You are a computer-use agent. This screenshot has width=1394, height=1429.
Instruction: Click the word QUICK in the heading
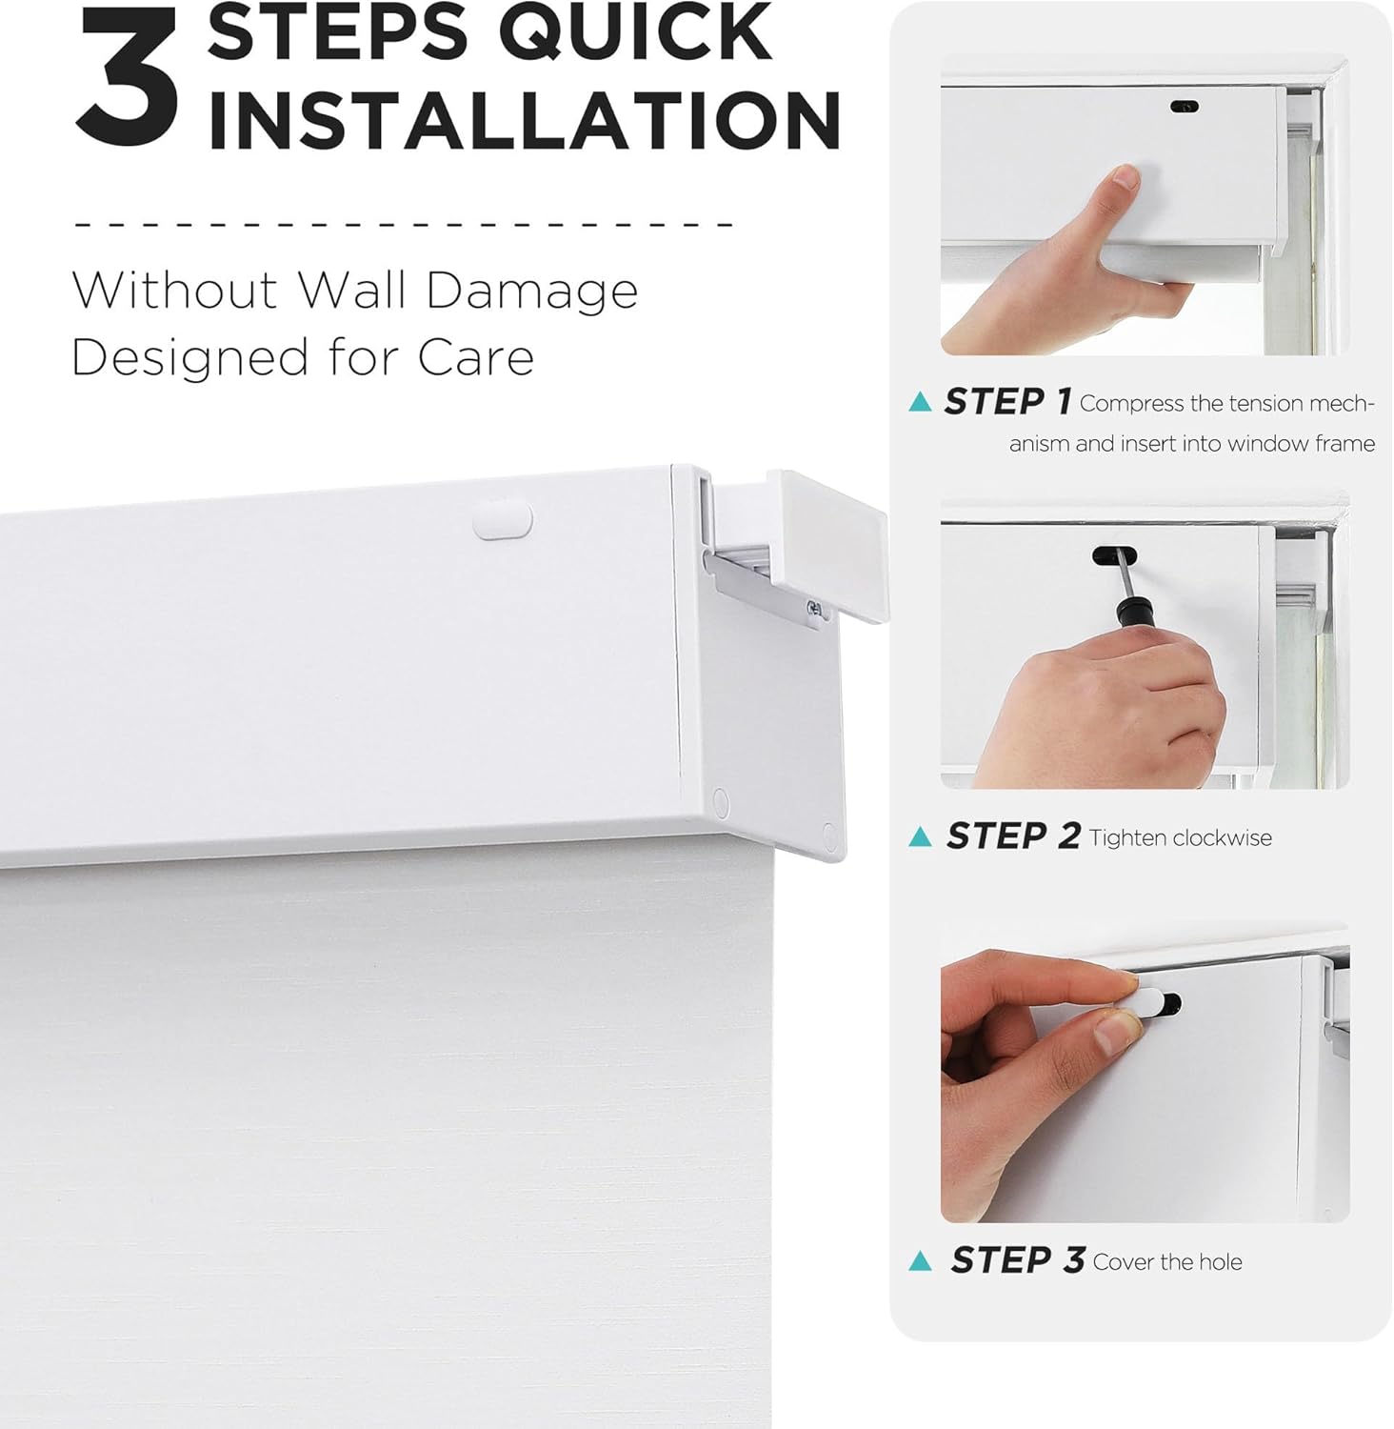click(x=635, y=32)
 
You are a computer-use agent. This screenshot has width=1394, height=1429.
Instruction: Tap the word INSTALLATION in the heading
click(x=524, y=120)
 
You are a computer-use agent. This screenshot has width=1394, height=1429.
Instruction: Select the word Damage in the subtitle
click(x=531, y=291)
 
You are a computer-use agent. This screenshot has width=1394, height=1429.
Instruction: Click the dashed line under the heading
click(x=404, y=225)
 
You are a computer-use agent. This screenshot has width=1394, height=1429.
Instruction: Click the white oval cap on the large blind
click(x=503, y=520)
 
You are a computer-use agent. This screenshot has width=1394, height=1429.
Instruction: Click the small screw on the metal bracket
click(x=814, y=609)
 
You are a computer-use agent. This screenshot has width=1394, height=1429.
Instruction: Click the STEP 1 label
click(x=1007, y=402)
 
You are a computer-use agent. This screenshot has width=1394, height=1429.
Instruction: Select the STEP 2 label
click(x=1012, y=836)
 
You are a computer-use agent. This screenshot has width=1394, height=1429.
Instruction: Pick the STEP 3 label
click(x=1017, y=1260)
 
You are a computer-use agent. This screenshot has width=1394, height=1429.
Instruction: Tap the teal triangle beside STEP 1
click(x=920, y=402)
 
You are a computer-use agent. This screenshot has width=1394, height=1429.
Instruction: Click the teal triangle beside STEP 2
click(x=920, y=836)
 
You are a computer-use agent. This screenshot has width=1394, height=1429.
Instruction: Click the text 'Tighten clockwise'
click(x=1180, y=837)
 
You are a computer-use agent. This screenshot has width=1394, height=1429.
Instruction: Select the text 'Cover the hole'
click(x=1167, y=1261)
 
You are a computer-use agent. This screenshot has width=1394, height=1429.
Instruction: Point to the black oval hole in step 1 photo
click(x=1184, y=107)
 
